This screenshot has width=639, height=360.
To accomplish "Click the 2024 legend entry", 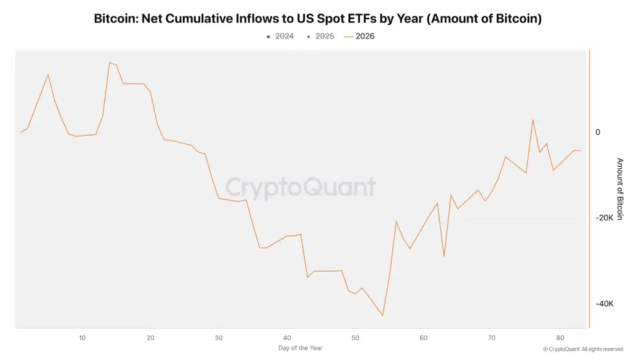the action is coord(280,36).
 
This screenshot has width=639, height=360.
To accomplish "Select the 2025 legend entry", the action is coord(320,36).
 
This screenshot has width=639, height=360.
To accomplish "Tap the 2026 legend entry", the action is coord(359,36).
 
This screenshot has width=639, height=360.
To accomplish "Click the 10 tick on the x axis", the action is coord(82,338).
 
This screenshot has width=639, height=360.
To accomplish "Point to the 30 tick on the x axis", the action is coord(219,338).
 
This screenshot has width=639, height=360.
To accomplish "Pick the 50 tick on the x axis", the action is coord(355,338).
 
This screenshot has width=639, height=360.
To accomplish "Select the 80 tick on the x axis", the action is coord(560,338).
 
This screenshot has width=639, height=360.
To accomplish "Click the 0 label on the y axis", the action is coord(598,132).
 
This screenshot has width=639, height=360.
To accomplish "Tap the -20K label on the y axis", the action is coord(604,217).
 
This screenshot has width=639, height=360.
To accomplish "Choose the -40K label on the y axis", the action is coord(604,304).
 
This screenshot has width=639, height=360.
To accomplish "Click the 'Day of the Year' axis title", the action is coord(300,348).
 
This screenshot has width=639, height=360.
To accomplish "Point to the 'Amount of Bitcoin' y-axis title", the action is coord(620,189).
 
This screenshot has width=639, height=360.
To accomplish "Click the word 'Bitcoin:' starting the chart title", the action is coord(116,19).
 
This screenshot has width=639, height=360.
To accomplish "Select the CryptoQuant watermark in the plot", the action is coord(300,187).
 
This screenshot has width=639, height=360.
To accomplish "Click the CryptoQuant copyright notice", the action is coord(583,349).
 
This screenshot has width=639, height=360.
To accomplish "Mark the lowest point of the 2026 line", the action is coord(383,315).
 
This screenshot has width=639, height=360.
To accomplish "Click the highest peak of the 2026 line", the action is coord(110,63).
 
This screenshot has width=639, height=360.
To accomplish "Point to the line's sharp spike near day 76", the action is coord(533,120).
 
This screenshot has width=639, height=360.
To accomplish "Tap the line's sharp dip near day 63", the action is coord(444,256).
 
